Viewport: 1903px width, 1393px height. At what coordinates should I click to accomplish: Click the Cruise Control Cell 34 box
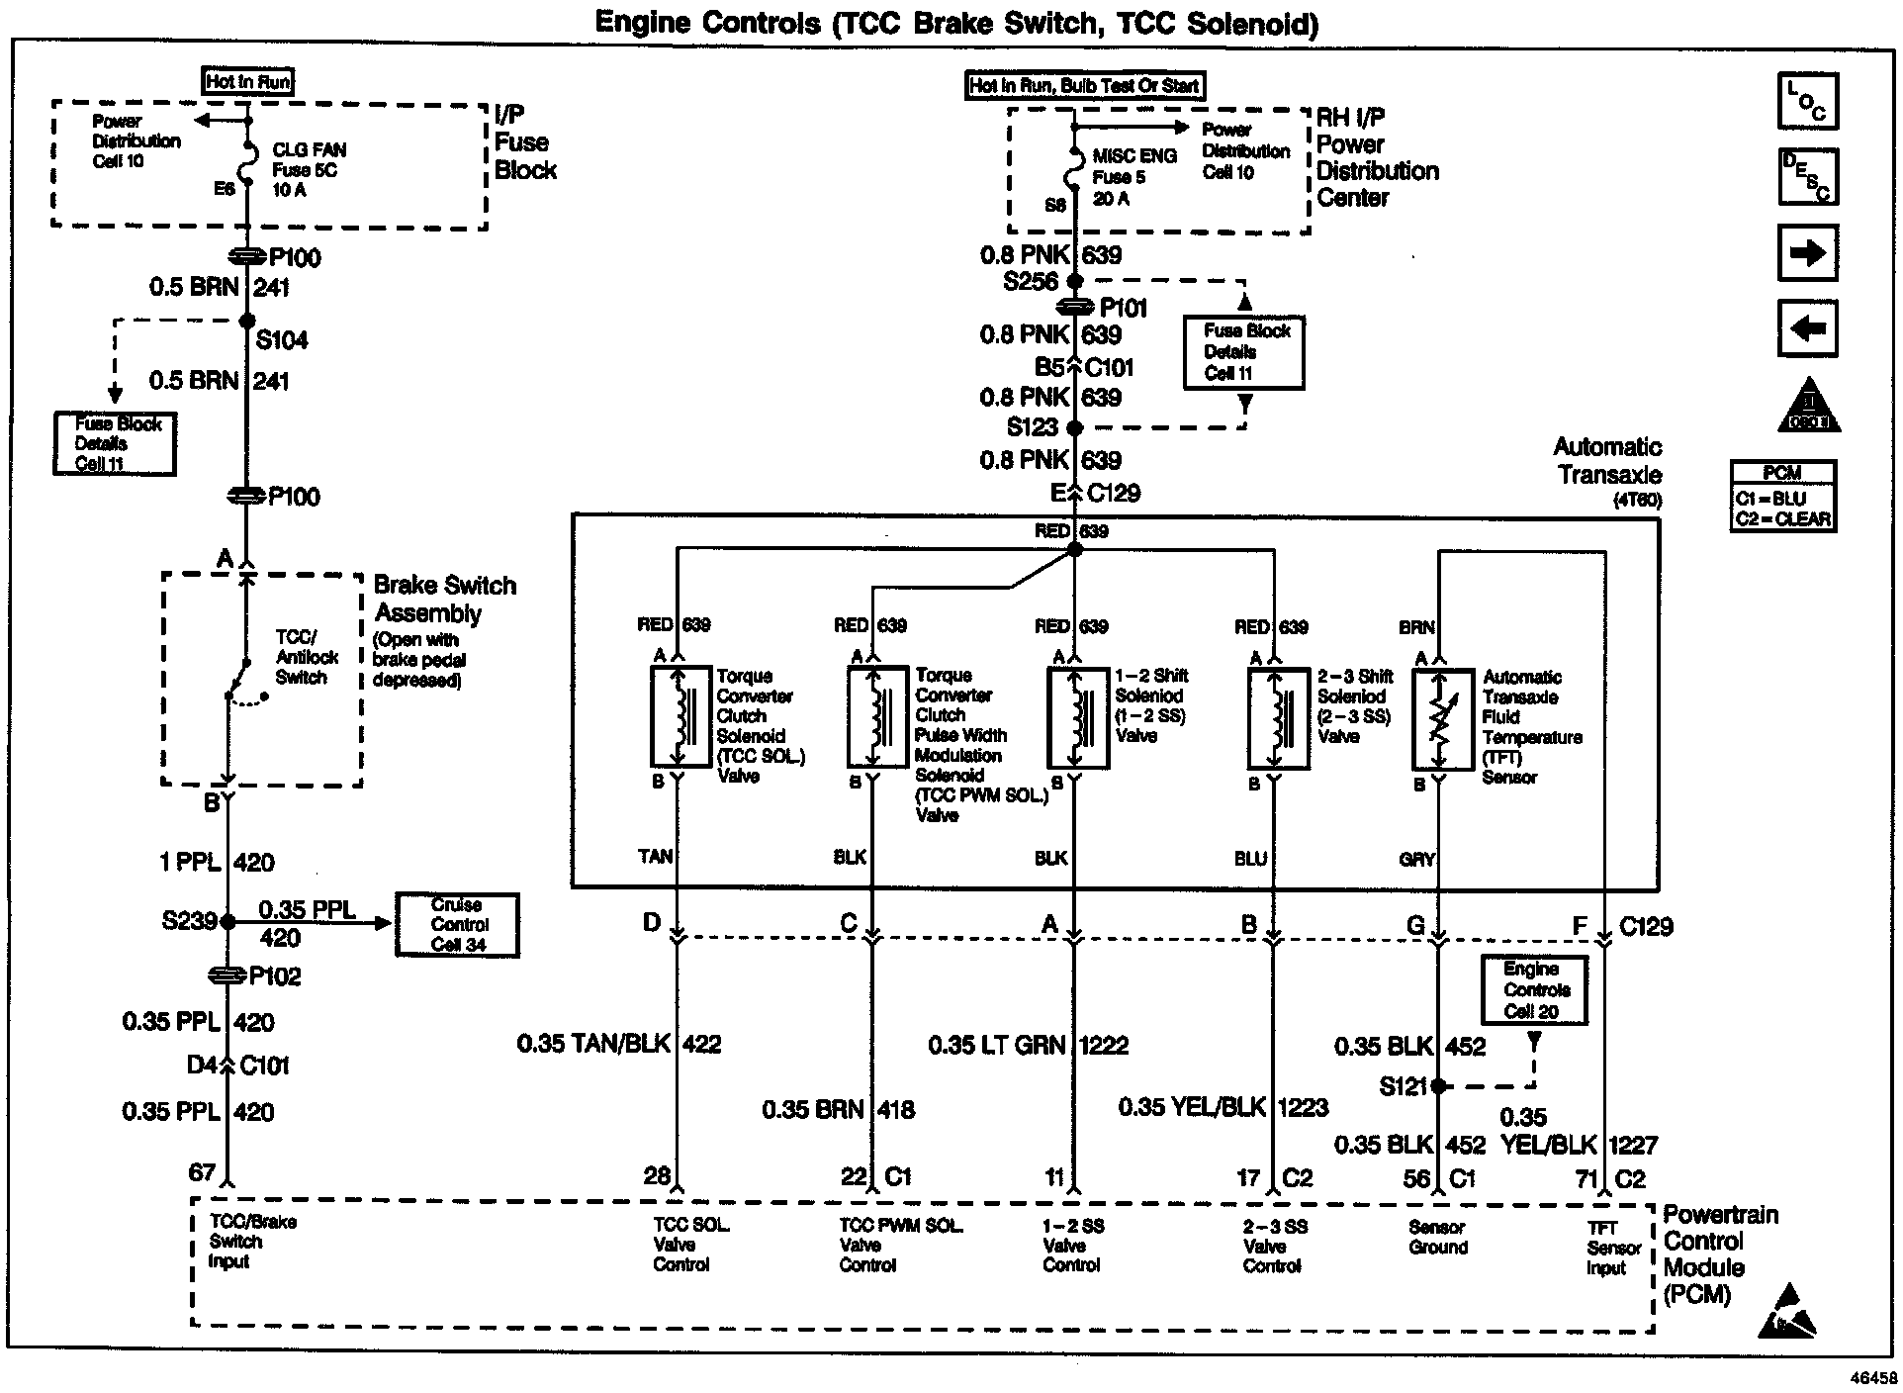click(x=457, y=925)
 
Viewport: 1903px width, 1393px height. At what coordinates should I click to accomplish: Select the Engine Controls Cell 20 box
click(x=1534, y=990)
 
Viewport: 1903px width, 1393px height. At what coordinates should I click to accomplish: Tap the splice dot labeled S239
click(x=227, y=922)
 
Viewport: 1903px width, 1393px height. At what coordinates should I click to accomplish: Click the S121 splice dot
click(x=1438, y=1086)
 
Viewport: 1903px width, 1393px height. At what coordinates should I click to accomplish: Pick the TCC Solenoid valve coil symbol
click(x=680, y=716)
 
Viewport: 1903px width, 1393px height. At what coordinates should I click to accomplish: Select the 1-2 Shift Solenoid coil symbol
click(x=1077, y=716)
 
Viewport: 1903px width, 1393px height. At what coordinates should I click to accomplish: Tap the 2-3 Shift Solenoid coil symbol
click(x=1278, y=716)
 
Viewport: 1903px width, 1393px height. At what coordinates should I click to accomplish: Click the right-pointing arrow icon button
click(x=1808, y=253)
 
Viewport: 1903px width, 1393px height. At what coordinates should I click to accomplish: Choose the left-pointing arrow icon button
click(x=1808, y=327)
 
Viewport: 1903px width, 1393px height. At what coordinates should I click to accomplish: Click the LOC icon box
click(x=1808, y=101)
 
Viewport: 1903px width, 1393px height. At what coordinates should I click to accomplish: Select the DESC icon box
click(x=1808, y=176)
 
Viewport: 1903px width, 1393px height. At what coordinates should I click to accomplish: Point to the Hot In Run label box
click(x=248, y=82)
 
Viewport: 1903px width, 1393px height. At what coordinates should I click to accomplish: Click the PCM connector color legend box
click(x=1783, y=497)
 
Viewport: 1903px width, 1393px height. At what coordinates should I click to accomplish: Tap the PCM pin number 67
click(x=202, y=1173)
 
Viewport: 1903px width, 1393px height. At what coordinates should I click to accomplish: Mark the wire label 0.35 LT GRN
click(x=998, y=1045)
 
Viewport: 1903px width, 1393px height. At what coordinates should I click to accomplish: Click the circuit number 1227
click(x=1632, y=1146)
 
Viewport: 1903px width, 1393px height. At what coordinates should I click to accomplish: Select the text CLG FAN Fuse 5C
click(x=310, y=160)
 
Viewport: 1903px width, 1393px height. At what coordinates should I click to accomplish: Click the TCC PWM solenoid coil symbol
click(x=876, y=716)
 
